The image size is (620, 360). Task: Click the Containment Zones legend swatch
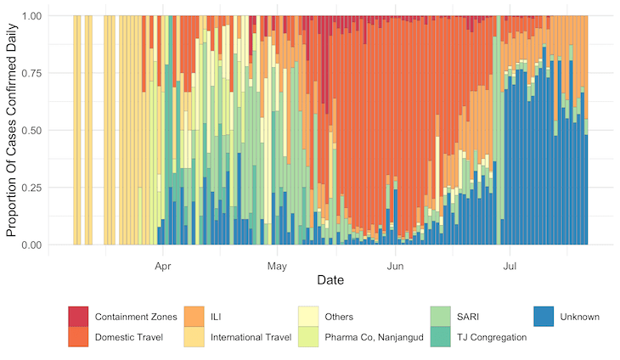point(79,317)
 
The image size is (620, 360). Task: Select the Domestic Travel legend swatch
point(79,337)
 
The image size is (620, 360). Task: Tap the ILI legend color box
point(194,317)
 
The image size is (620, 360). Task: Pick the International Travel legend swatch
point(194,337)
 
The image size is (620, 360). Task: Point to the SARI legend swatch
point(440,317)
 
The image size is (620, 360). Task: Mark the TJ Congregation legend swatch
point(440,337)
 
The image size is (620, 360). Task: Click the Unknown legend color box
point(544,317)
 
